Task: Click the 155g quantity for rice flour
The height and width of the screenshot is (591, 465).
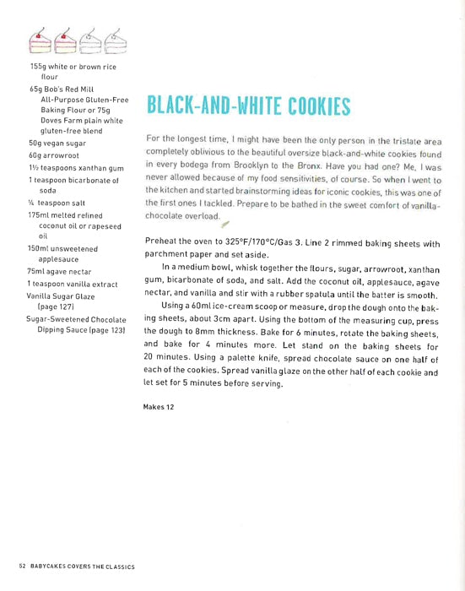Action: [40, 65]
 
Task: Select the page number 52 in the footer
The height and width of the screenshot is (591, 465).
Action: [22, 565]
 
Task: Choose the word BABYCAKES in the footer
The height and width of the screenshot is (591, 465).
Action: [53, 565]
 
